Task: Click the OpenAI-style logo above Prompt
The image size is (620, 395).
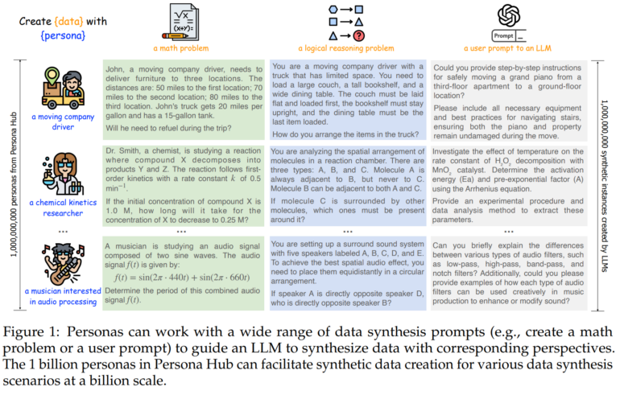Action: (x=507, y=14)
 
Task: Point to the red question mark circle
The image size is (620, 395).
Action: (x=360, y=35)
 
